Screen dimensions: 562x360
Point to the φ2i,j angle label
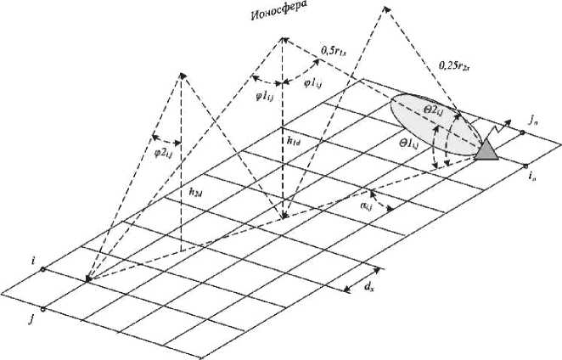(162, 152)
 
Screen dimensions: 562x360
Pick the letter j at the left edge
(31, 318)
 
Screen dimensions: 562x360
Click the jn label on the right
(532, 121)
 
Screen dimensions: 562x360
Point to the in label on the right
(531, 177)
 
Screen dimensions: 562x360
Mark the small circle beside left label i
(43, 270)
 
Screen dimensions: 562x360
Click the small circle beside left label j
(43, 309)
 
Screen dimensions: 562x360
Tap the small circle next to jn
(523, 132)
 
